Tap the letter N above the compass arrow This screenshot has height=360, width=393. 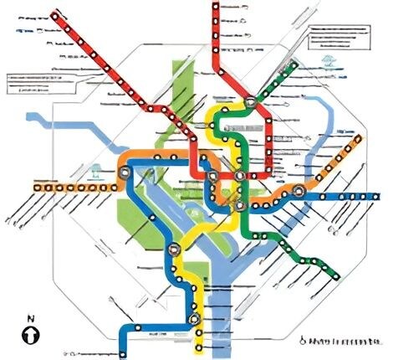click(31, 318)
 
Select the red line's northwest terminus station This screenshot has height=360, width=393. click(57, 15)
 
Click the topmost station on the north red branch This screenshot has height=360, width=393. click(216, 7)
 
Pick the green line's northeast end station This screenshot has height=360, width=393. click(296, 64)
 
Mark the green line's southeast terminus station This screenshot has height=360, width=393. click(336, 274)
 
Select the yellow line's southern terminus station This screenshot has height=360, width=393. click(199, 347)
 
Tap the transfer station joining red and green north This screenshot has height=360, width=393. click(251, 103)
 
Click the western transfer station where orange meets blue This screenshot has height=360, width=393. click(125, 172)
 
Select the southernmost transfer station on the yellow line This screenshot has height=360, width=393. click(195, 319)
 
